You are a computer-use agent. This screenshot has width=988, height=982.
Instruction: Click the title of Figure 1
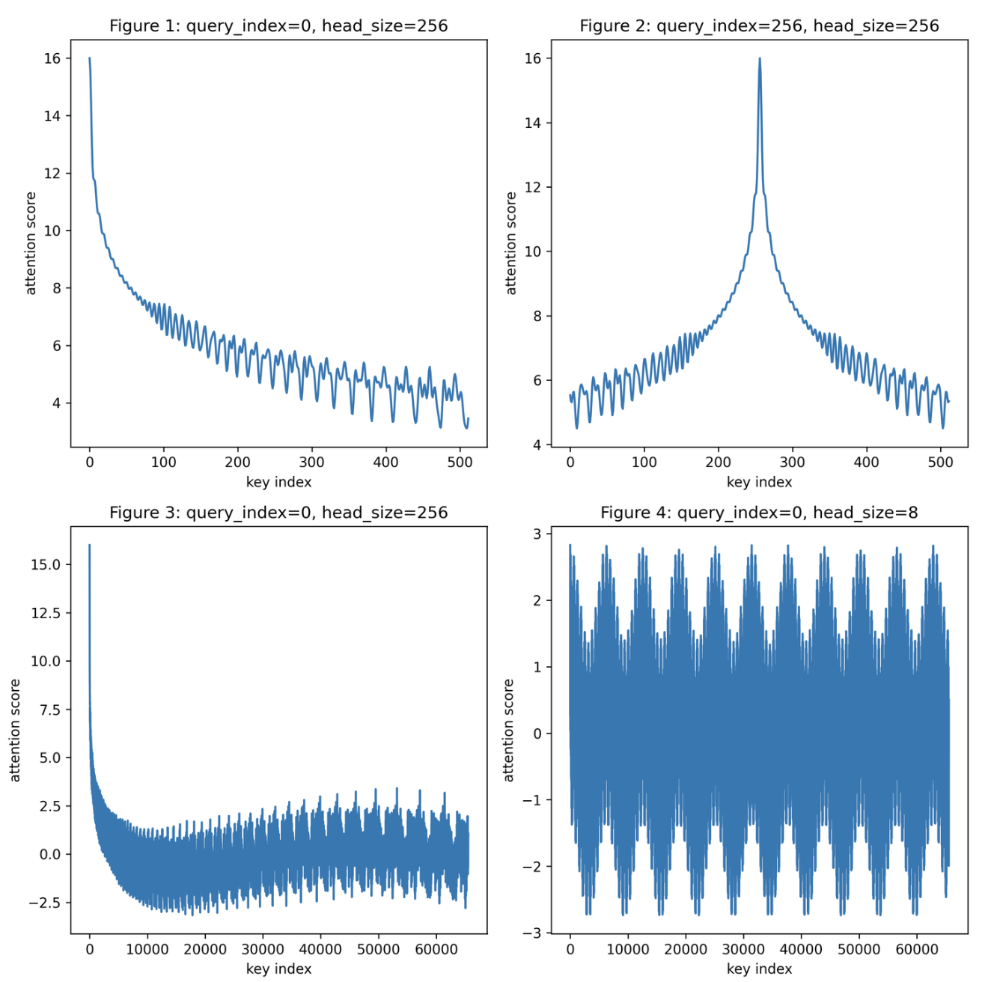coord(278,26)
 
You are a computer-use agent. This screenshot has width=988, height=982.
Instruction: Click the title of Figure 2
coord(759,26)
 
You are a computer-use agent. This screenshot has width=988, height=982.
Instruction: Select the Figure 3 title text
coord(278,513)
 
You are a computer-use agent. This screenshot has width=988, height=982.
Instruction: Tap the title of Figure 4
coord(759,513)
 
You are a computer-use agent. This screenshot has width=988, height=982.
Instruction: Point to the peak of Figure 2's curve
coord(760,58)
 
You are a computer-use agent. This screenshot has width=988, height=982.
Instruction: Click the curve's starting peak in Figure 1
coord(90,58)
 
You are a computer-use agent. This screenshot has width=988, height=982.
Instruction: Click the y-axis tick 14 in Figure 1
coord(52,116)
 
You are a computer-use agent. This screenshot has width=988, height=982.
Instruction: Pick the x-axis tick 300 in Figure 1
coord(311,463)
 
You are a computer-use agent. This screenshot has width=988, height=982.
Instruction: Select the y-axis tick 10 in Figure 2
coord(532,251)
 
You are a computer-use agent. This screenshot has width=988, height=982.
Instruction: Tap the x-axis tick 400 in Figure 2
coord(866,463)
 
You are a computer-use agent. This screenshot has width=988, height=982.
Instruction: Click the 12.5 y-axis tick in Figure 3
coord(45,613)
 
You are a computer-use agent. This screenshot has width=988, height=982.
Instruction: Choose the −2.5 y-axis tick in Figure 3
coord(42,903)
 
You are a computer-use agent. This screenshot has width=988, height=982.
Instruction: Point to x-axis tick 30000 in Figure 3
coord(263,950)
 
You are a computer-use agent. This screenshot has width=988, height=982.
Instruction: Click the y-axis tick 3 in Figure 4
coord(537,534)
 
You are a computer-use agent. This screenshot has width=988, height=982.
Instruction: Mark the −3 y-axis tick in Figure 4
coord(532,933)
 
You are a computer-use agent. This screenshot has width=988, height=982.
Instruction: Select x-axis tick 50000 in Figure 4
coord(859,950)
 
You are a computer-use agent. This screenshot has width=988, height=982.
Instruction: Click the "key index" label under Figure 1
coord(278,482)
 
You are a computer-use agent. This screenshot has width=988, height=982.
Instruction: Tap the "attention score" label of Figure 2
coord(511,243)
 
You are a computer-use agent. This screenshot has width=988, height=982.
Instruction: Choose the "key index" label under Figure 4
coord(759,969)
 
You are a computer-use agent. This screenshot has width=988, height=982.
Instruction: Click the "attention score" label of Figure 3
coord(15,731)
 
